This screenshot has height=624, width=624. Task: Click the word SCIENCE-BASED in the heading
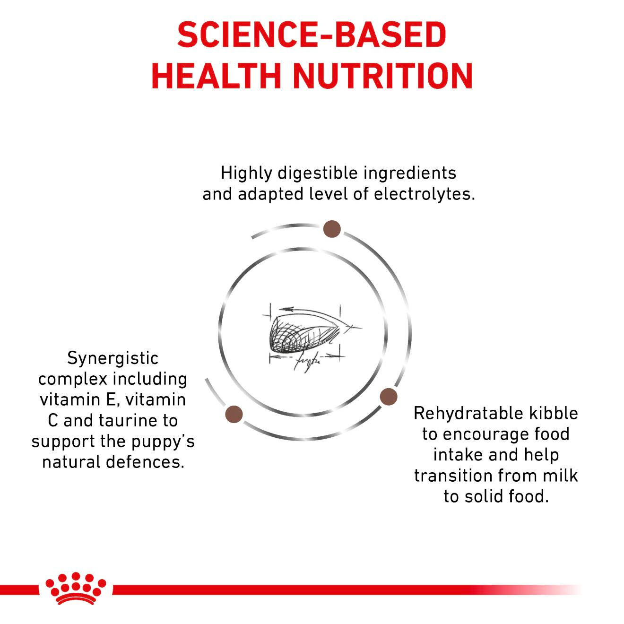tap(312, 35)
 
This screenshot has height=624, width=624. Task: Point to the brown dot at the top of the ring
tap(332, 229)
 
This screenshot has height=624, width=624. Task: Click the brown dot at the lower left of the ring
tap(234, 414)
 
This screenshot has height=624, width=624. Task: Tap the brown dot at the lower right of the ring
tap(388, 396)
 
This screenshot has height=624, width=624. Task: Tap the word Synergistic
tap(113, 358)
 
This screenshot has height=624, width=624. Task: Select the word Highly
tap(246, 173)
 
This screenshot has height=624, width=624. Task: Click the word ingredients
tap(410, 173)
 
